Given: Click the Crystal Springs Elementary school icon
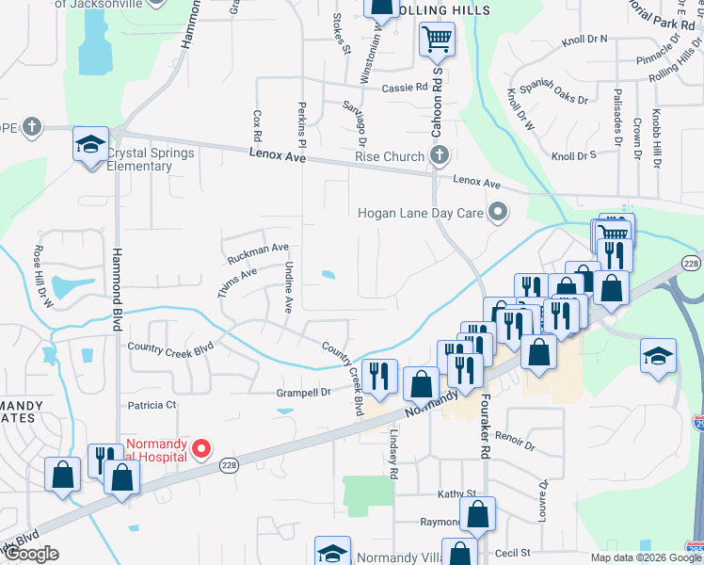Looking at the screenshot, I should [x=90, y=144].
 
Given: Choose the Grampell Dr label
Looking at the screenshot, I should [x=303, y=392].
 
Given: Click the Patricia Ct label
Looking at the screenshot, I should [x=152, y=405].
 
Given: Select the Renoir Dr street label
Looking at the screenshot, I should [x=514, y=441].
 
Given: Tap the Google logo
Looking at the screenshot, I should [x=32, y=554].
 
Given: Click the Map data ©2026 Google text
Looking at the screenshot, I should [x=645, y=557].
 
